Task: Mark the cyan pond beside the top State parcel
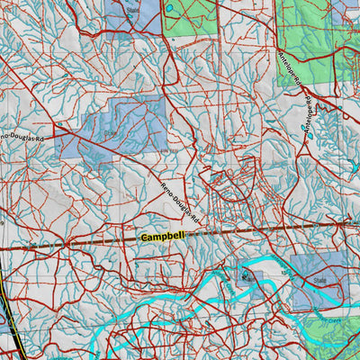pos(168,10)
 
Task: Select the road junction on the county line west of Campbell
pos(67,242)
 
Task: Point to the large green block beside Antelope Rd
pos(315,36)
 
